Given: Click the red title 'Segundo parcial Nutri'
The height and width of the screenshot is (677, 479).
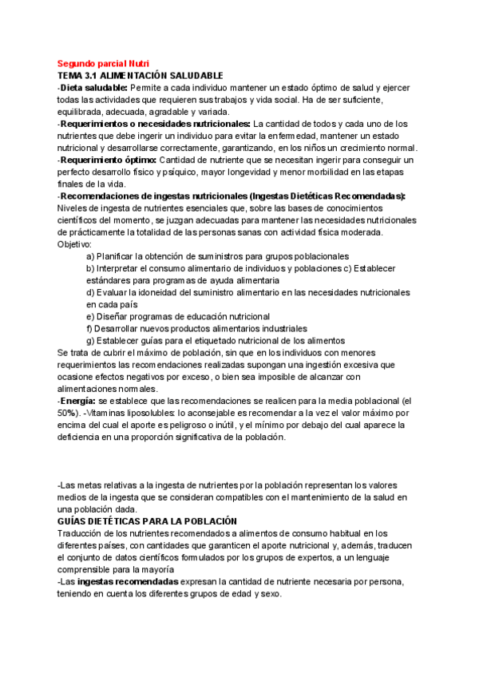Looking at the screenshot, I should click(x=103, y=64).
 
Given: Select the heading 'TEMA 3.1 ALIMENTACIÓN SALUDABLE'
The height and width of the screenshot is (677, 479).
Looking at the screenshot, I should click(x=140, y=75).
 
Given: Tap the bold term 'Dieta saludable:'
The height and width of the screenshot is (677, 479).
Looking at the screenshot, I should click(x=93, y=87).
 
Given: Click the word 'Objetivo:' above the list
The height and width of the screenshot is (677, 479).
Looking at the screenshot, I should click(x=75, y=243).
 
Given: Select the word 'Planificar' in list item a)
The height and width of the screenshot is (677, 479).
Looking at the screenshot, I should click(x=117, y=256).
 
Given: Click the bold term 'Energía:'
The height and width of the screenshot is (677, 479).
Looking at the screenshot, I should click(x=78, y=400).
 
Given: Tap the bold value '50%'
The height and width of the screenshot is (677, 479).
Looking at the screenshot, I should click(x=68, y=413).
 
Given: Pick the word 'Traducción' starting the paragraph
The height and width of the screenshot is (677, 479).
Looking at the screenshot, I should click(x=82, y=533).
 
